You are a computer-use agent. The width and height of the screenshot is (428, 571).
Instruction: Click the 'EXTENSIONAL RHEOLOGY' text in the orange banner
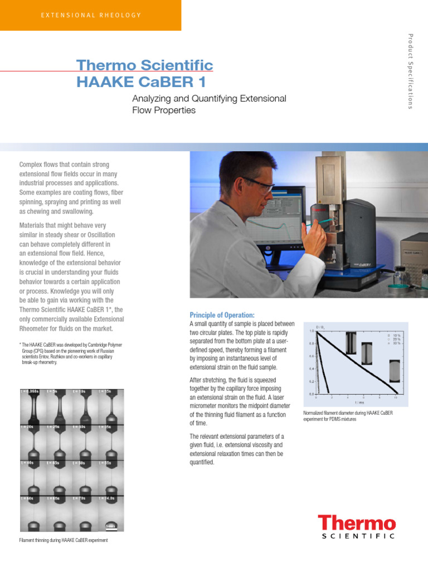click(x=91, y=15)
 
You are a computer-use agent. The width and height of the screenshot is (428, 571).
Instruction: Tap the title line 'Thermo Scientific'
click(x=144, y=65)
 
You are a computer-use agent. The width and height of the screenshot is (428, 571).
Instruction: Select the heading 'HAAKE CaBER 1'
click(x=140, y=82)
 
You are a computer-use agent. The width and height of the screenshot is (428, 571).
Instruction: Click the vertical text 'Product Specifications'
click(x=411, y=71)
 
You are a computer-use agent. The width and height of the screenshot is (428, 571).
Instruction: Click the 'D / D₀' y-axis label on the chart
click(x=321, y=326)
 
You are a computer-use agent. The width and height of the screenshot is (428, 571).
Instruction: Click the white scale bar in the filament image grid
click(x=110, y=525)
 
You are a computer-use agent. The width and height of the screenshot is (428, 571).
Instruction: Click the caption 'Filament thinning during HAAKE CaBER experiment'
click(x=64, y=540)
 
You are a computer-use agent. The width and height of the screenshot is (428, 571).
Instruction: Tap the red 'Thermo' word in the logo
click(x=357, y=524)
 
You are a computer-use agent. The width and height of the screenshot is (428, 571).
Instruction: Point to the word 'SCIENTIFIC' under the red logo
click(x=358, y=536)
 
